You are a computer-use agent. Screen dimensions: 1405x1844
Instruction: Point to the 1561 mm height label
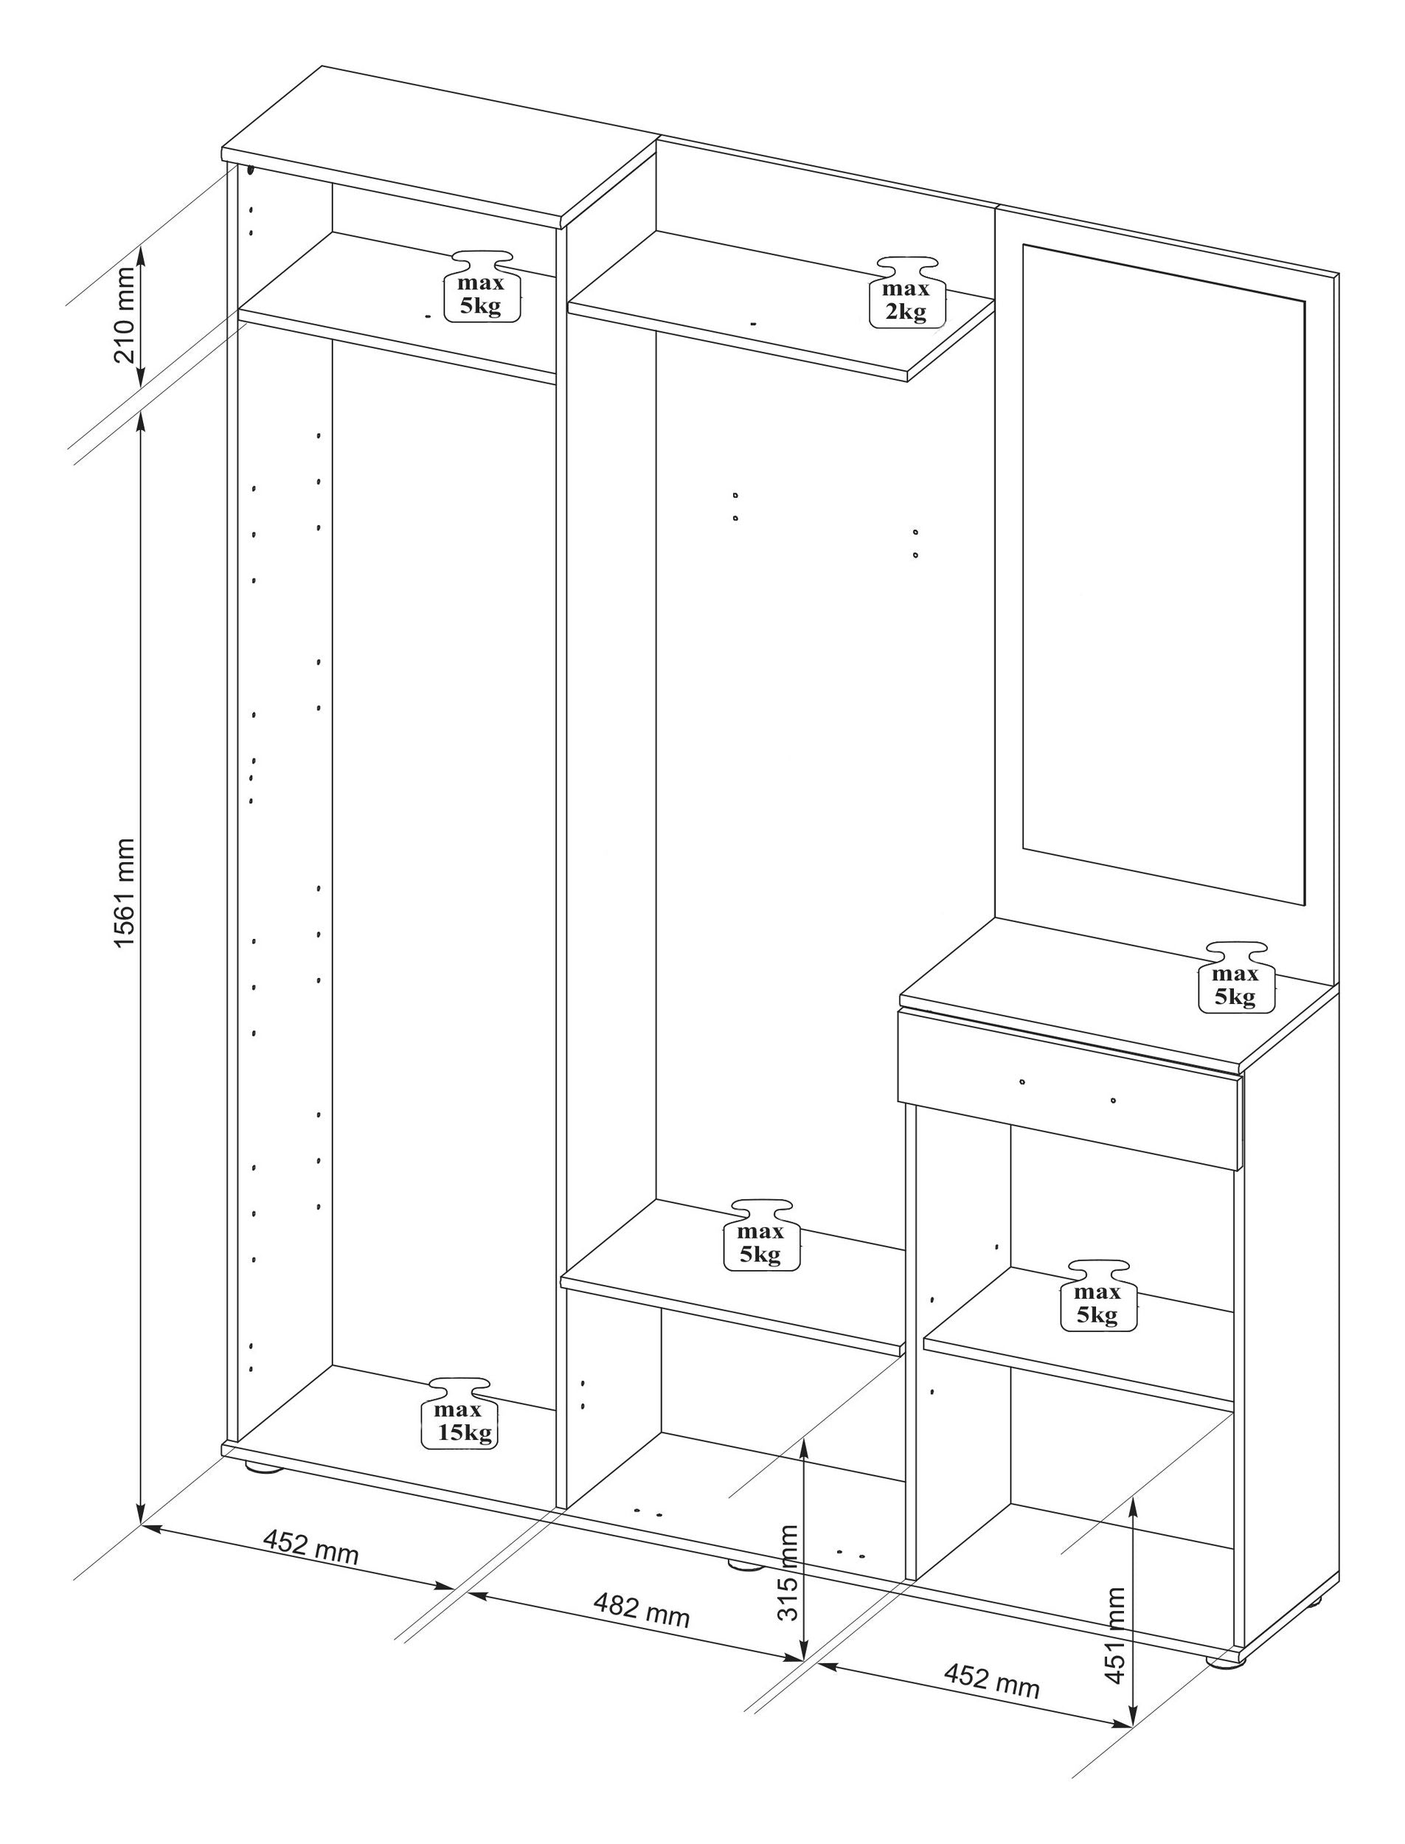pyautogui.click(x=124, y=892)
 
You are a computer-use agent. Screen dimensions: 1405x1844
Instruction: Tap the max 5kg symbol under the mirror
pyautogui.click(x=1236, y=977)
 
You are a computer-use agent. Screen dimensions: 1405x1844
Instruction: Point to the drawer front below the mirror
pyautogui.click(x=1068, y=1087)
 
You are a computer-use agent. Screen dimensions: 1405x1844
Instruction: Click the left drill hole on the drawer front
pyautogui.click(x=1022, y=1081)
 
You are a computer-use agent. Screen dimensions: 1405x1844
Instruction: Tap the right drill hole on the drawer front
pyautogui.click(x=1113, y=1100)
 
